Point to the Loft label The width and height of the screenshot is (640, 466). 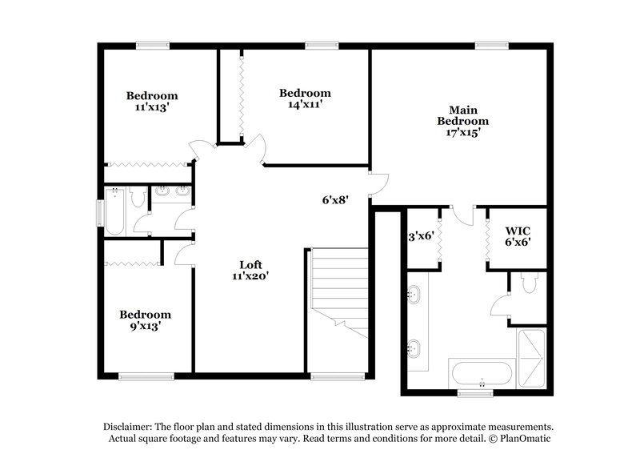pos(250,264)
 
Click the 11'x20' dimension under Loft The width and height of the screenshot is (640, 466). pos(250,275)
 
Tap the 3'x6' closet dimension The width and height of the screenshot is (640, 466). pos(420,235)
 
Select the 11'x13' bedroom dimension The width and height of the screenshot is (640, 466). pos(152,106)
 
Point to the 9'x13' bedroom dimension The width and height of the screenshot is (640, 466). pos(146,326)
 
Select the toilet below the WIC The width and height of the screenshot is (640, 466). pos(528,282)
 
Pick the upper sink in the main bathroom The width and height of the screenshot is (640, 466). pos(413,295)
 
